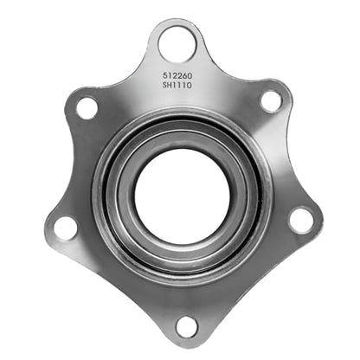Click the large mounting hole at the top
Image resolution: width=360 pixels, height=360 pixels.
point(177,44)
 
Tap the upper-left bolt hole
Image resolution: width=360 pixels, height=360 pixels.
point(87,108)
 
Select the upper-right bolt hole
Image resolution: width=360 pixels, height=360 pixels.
point(271,102)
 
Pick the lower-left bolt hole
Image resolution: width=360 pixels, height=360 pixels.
point(66,228)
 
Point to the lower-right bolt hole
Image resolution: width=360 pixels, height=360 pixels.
point(301,222)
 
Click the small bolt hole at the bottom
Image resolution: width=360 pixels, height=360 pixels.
point(187,327)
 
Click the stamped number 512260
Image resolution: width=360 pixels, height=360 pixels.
point(177,75)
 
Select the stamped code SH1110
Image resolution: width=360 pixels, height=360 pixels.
point(177,85)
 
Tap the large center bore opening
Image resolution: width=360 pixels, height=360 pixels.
point(183,196)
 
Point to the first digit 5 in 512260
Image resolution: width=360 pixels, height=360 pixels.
point(165,75)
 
